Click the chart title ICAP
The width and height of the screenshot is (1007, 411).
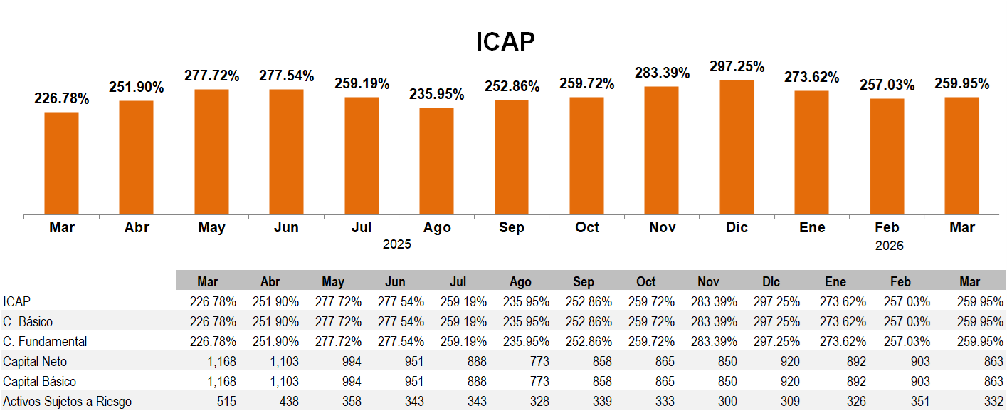[x=505, y=42]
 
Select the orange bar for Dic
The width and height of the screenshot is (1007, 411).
[x=737, y=147]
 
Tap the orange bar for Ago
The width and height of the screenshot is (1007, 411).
[x=436, y=160]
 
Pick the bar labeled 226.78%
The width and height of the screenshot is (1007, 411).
[x=62, y=162]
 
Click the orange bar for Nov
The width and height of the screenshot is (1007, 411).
[x=662, y=150]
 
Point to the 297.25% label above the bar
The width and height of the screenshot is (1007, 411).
[x=737, y=66]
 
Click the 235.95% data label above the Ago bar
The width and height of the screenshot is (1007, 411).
[x=436, y=94]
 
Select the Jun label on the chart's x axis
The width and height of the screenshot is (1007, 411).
[x=286, y=228]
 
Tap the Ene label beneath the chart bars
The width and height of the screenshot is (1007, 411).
[x=812, y=228]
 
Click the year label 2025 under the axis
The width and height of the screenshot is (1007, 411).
[x=397, y=245]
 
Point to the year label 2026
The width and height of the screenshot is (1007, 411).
[x=890, y=246]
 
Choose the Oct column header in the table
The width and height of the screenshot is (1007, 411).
[x=646, y=281]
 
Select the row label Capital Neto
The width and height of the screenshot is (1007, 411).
[x=36, y=362]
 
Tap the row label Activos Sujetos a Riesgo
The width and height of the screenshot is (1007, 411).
[x=67, y=402]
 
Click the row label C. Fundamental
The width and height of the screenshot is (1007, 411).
[x=45, y=342]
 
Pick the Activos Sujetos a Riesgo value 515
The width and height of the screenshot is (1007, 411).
[x=226, y=402]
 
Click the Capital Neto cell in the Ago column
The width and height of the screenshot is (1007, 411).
[x=539, y=362]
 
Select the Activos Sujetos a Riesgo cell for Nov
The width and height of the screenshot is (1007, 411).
[x=727, y=402]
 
